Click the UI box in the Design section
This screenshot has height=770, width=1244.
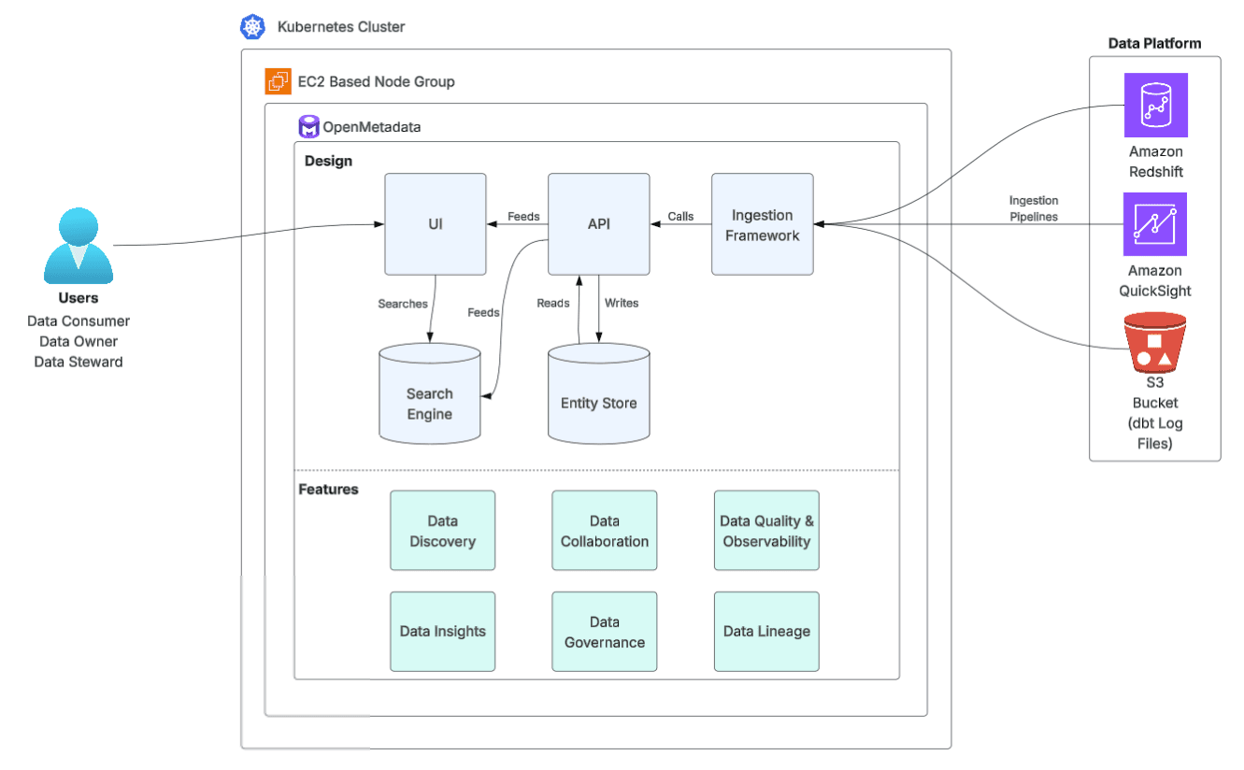coord(436,224)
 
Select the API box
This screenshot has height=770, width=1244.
coord(598,224)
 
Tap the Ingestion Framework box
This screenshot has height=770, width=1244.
coord(762,224)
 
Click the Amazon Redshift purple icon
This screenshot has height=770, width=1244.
coord(1155,106)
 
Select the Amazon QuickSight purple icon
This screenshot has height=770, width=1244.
coord(1155,224)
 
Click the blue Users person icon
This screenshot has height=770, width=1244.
coord(79,246)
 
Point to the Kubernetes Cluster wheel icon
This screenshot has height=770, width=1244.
coord(252,27)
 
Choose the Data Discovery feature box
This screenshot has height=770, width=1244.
coord(442,531)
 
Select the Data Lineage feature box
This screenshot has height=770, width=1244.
coord(766,632)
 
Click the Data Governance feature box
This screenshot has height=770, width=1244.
coord(604,632)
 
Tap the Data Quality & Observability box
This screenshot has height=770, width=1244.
coord(766,531)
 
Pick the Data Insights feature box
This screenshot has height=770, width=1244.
coord(442,632)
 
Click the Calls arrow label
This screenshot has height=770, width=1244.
coord(680,217)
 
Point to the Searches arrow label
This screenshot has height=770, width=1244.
coord(403,304)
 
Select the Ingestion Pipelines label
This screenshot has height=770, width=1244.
coord(1033,208)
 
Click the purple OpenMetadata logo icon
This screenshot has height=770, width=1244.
coord(308,127)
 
